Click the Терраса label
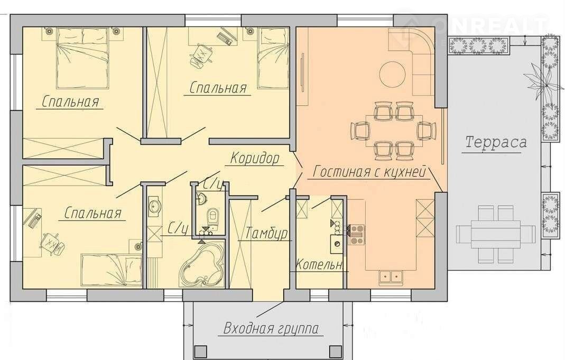click(x=495, y=142)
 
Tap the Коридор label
click(x=255, y=158)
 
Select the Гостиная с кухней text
click(x=369, y=171)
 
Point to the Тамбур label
click(x=266, y=233)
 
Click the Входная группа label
click(x=271, y=329)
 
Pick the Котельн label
click(x=319, y=265)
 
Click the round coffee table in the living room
click(x=395, y=74)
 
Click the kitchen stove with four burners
click(x=356, y=235)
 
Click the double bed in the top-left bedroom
click(x=82, y=58)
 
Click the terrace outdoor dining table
click(x=495, y=235)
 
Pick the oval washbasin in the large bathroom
click(x=155, y=206)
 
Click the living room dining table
click(x=395, y=131)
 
